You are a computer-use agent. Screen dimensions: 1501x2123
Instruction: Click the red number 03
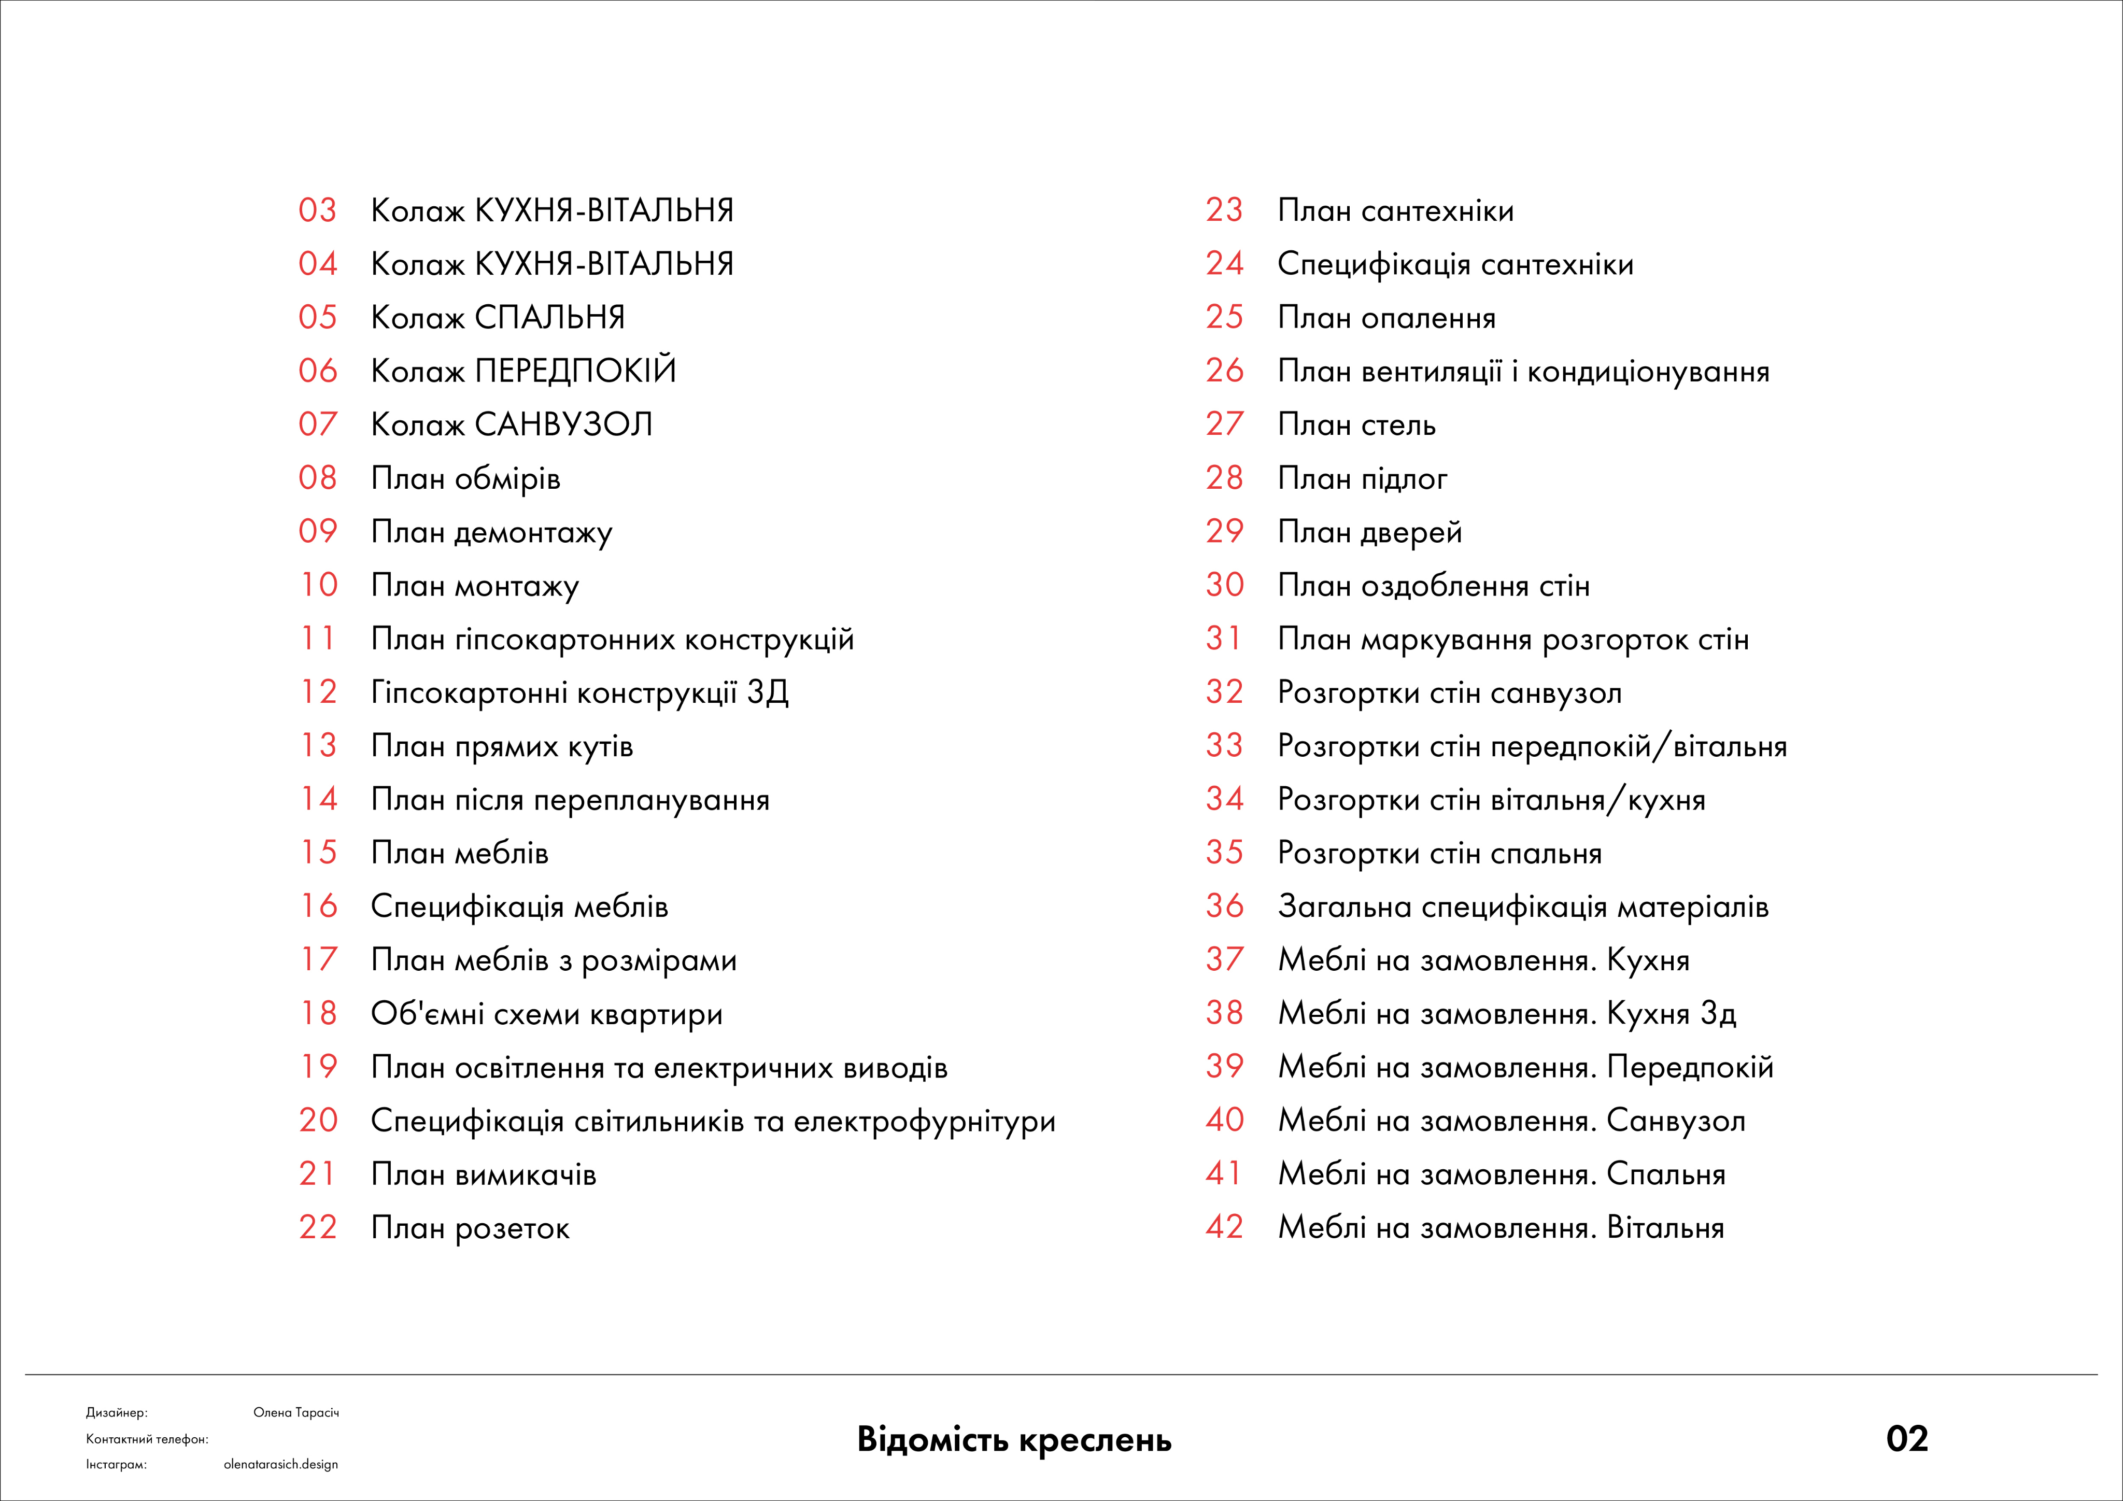pos(317,211)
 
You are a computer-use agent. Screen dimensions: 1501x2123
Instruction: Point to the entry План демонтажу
pos(491,533)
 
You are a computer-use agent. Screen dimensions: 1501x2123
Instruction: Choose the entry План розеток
pos(470,1228)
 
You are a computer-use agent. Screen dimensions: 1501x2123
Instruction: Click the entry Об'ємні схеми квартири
pos(546,1014)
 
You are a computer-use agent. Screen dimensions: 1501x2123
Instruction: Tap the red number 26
pos(1224,372)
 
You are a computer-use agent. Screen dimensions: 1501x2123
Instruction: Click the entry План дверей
pos(1369,533)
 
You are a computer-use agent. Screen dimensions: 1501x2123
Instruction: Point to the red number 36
pos(1224,907)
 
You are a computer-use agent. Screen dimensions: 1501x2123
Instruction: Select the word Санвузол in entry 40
pos(1676,1121)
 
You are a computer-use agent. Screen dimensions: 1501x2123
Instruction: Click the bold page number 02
pos(1907,1439)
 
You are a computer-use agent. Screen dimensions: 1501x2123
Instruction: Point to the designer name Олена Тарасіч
pos(296,1413)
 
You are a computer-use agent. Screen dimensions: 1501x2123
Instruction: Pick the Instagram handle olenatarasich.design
pos(280,1465)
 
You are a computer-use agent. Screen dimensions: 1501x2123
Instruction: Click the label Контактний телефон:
pos(147,1439)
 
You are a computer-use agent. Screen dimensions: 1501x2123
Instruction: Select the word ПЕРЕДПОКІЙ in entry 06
pos(575,371)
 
